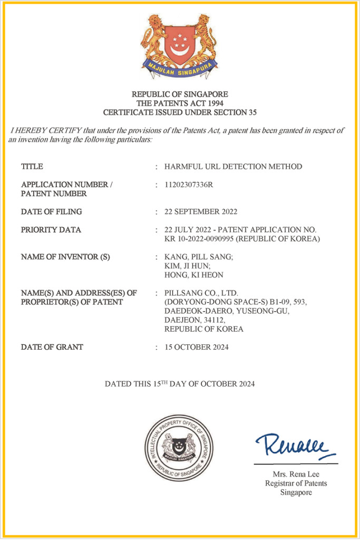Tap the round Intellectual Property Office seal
pyautogui.click(x=179, y=448)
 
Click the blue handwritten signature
pyautogui.click(x=295, y=447)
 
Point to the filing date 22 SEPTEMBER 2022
pyautogui.click(x=201, y=211)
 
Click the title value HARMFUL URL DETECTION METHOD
pyautogui.click(x=233, y=167)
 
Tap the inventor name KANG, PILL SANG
pyautogui.click(x=198, y=257)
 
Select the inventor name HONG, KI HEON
pyautogui.click(x=193, y=275)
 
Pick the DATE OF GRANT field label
pyautogui.click(x=52, y=347)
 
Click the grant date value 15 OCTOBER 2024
pyautogui.click(x=197, y=347)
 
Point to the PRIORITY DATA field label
pyautogui.click(x=51, y=230)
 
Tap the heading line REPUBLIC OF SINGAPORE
pyautogui.click(x=180, y=94)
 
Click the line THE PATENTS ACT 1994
pyautogui.click(x=180, y=103)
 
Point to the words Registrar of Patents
pyautogui.click(x=296, y=483)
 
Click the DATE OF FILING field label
pyautogui.click(x=52, y=211)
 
